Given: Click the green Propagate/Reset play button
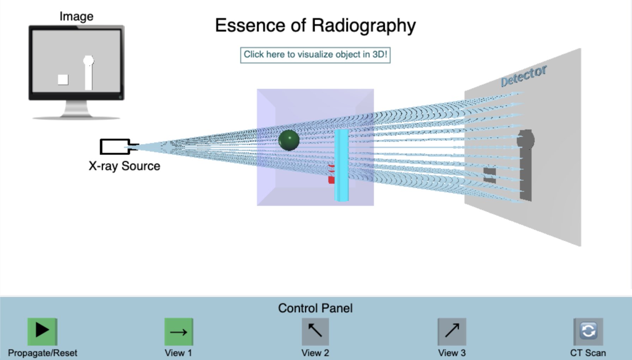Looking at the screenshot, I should [42, 331].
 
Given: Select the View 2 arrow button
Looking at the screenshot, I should [315, 331].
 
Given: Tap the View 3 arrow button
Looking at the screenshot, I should [452, 331].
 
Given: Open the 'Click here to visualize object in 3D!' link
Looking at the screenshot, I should [315, 55].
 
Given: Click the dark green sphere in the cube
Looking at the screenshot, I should [289, 140].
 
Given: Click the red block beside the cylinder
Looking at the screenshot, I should [331, 180].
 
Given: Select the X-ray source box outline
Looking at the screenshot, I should [115, 147].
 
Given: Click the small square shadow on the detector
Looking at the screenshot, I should [490, 175].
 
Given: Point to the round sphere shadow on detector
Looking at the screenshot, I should [525, 140].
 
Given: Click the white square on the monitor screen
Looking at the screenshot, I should [63, 79].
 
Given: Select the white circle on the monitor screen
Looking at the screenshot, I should [89, 61].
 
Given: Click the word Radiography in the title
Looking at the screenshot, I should [364, 26].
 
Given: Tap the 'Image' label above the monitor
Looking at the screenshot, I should [77, 16].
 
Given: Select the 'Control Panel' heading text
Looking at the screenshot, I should [315, 308].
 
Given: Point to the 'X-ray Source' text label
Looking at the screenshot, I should [124, 166].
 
